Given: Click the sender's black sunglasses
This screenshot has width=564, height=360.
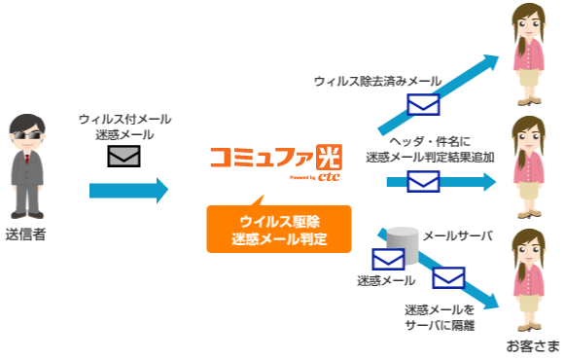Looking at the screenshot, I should (x=27, y=135).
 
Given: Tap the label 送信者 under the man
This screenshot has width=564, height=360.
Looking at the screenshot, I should (x=25, y=234).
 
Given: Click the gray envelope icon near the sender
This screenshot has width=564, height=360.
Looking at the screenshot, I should (x=124, y=156).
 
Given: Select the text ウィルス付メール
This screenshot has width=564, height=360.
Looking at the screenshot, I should (x=124, y=119).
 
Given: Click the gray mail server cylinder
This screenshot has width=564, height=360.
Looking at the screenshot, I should (x=400, y=243).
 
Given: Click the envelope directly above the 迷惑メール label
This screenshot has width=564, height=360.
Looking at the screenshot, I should (x=388, y=260).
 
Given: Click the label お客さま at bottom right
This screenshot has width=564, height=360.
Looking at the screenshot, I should (x=532, y=346).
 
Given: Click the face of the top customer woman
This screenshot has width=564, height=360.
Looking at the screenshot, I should (x=531, y=28).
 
